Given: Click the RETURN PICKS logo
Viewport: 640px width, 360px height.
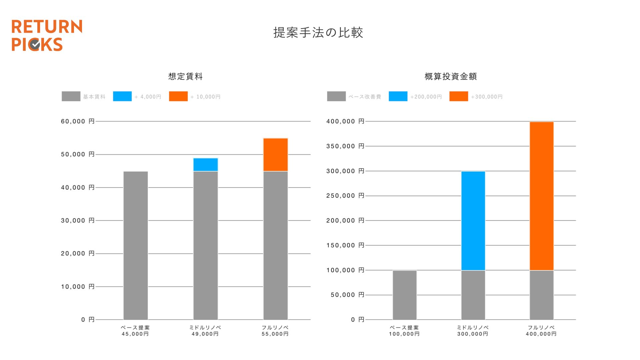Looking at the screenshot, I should [x=47, y=35].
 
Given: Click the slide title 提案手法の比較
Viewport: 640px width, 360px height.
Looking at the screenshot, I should [x=318, y=33].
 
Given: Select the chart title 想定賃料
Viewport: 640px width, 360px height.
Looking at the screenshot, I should [x=185, y=77].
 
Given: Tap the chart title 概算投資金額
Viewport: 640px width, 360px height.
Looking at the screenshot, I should [x=451, y=77].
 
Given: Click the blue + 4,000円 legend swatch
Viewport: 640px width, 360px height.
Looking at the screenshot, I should [x=122, y=96].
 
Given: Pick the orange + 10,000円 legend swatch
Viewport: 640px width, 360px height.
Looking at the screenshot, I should [x=178, y=96].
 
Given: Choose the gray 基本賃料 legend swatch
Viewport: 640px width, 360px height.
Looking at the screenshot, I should [x=71, y=96].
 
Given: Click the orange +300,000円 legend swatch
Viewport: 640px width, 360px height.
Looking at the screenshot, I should [x=459, y=96].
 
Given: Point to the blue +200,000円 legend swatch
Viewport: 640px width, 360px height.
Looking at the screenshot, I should [x=398, y=96].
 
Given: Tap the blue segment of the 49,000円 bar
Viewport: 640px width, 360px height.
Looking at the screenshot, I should [x=206, y=165].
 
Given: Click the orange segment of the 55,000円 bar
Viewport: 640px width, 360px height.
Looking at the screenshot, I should [x=276, y=155].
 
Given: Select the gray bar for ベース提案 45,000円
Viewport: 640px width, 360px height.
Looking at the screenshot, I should [x=136, y=245].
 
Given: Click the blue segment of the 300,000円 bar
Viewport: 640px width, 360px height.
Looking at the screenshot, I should [x=473, y=221].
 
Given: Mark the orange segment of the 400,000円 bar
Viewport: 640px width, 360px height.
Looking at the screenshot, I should [x=542, y=196].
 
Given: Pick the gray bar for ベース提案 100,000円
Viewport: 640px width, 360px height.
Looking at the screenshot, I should [x=405, y=295].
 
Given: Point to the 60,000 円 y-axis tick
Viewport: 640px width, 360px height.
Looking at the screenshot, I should [x=78, y=121].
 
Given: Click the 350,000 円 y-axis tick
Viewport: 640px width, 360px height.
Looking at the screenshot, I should [x=345, y=146].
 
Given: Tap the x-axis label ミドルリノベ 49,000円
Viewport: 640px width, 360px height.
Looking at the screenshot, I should [x=205, y=331].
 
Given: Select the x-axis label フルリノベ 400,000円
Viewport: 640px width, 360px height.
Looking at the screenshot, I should [x=541, y=331].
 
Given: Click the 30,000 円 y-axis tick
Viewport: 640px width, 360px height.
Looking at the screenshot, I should [x=78, y=221].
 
